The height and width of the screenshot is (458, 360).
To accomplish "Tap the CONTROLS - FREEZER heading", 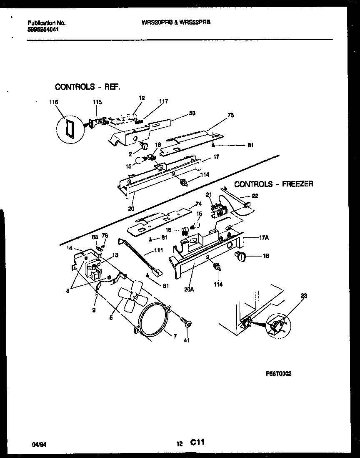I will (x=273, y=184).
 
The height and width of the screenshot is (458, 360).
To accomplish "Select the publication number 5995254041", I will (x=42, y=30).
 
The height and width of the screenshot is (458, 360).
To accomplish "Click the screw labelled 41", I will (x=186, y=321).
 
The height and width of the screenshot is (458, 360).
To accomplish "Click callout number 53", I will (x=192, y=113).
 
